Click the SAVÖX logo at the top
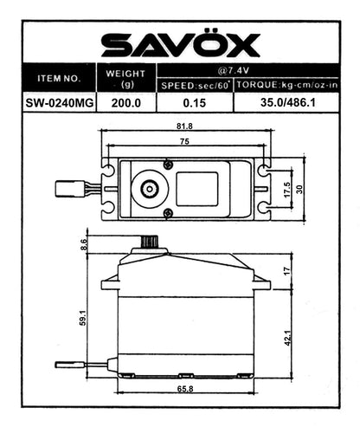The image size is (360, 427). pos(180,44)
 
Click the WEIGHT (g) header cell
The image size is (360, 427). pos(125,78)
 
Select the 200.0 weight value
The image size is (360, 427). pos(125,101)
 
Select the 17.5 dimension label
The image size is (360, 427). pos(287,189)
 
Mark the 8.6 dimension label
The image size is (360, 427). pos(83,245)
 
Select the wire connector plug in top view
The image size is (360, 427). pos(67,187)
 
